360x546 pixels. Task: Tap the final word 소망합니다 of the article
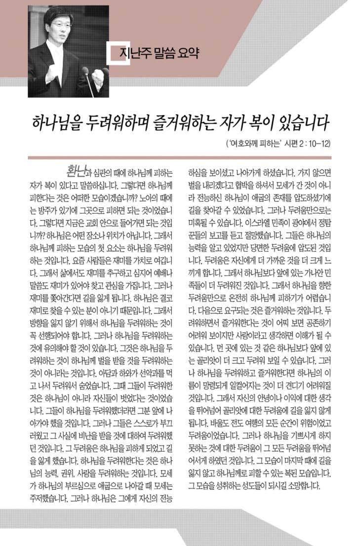point(303,484)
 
